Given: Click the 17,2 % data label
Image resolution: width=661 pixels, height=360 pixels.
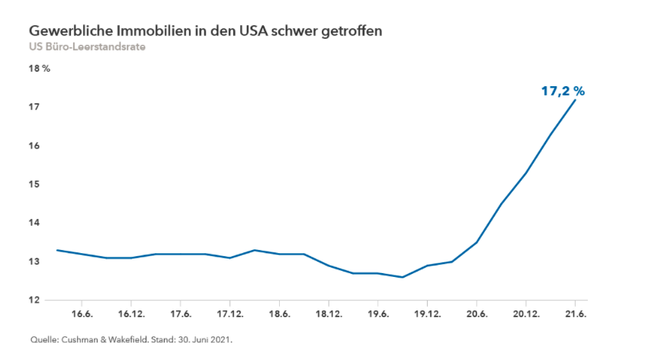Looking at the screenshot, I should tap(563, 91).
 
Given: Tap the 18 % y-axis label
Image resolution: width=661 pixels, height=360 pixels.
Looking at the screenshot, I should tap(39, 69).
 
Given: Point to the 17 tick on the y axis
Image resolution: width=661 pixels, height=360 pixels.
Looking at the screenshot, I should tap(34, 108).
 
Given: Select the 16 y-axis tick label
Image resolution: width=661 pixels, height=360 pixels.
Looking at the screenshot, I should tap(34, 146).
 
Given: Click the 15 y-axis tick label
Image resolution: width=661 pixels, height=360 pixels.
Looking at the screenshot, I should tap(34, 185).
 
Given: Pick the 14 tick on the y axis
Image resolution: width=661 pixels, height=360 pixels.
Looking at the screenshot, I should tap(34, 223).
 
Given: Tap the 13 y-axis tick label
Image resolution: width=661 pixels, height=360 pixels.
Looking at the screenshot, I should tap(34, 262).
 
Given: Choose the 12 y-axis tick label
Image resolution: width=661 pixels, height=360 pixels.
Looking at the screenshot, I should tap(34, 301).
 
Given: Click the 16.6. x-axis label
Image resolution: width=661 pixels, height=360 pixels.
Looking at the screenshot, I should tap(82, 314).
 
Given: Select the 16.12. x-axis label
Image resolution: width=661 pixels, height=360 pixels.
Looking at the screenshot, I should tap(131, 314).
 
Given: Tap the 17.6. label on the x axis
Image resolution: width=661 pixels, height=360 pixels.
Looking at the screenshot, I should tap(181, 314).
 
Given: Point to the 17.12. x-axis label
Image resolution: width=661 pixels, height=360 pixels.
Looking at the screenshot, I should tap(229, 314).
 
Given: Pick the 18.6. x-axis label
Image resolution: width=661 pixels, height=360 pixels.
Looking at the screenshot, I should tap(279, 314).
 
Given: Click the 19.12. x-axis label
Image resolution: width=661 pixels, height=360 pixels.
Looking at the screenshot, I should tap(427, 314).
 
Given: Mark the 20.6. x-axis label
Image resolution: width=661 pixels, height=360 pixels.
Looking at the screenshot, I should tap(476, 314).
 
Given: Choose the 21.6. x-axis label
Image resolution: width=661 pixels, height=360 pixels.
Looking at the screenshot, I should tap(575, 314).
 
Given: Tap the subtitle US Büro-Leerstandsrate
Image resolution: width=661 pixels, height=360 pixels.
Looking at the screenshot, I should tap(87, 47).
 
